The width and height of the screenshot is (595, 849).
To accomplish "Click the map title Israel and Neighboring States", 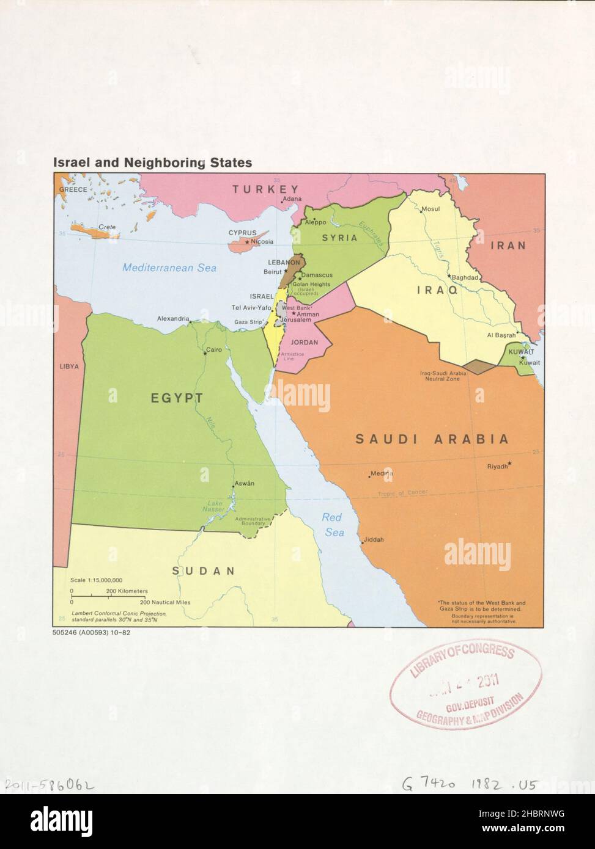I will tap(152, 163).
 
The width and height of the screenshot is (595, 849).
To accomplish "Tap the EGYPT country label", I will tap(177, 398).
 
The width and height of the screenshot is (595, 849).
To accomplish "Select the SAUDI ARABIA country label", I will tap(432, 439).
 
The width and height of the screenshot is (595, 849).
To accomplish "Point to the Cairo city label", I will tap(213, 350).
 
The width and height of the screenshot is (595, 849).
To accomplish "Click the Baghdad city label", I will tap(465, 277).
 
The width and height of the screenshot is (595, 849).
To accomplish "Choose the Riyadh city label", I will tap(497, 467).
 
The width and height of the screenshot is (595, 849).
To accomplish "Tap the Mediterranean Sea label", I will tap(169, 268).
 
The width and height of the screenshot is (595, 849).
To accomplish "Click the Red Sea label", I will tap(333, 525).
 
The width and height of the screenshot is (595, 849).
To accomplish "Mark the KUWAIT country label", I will tap(522, 353).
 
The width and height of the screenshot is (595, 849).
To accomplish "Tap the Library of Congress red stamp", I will tap(465, 686).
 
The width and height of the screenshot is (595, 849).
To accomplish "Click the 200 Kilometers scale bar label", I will tap(127, 591).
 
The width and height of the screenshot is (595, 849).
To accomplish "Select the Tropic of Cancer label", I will tap(402, 493).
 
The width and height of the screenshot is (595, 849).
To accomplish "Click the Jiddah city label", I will tap(374, 540).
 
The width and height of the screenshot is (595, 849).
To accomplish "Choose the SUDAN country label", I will tap(203, 571).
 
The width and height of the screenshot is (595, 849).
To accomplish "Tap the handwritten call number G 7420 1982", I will tap(468, 785).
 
